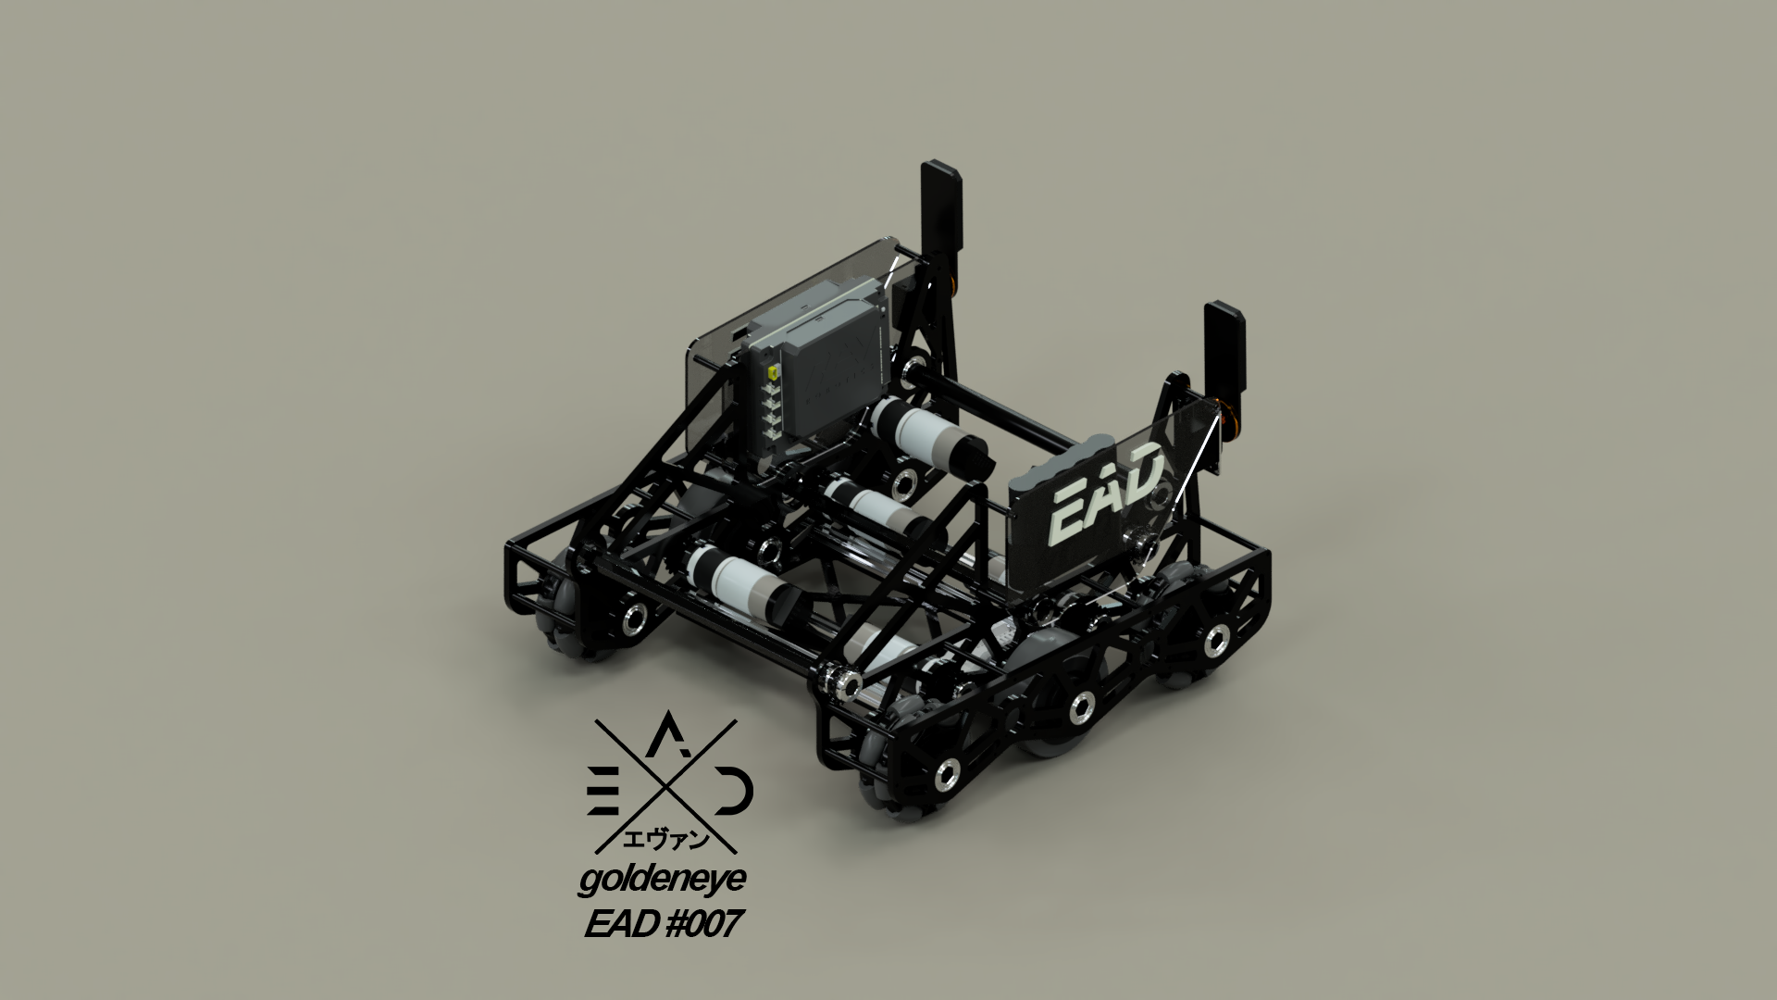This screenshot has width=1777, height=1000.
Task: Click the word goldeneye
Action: pos(661,882)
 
